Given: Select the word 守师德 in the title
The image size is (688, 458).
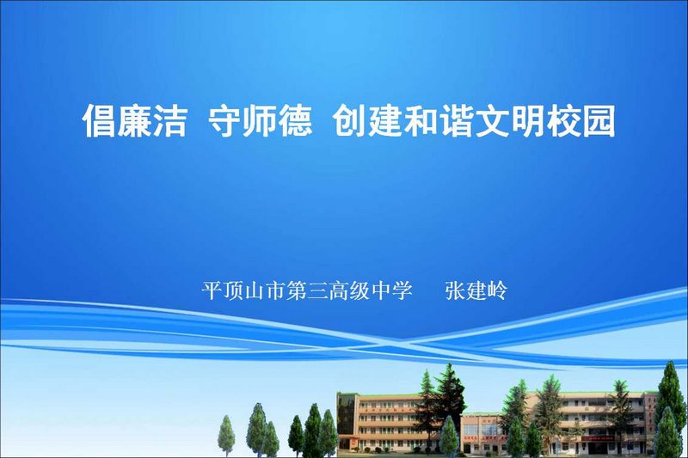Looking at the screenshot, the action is pos(261,120).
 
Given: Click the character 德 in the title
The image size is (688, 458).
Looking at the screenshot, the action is pos(295,120).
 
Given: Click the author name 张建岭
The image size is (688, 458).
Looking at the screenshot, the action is pos(476,290).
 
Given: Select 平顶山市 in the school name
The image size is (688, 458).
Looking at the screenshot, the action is pos(243,290).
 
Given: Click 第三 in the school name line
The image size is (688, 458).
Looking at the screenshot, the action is pos(307,290).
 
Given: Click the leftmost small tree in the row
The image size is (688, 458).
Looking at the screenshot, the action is pos(226,436).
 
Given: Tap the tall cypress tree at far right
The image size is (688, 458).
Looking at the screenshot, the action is pos(670,407).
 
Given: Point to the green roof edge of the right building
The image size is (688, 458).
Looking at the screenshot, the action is pos(588,393).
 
